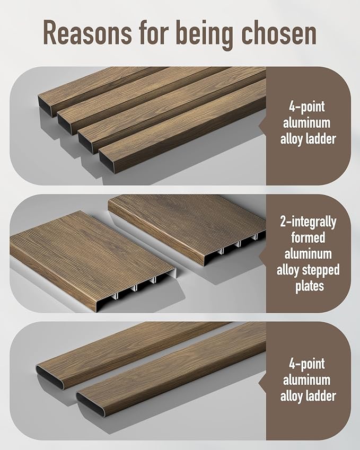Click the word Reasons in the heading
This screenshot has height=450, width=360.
[x=88, y=32]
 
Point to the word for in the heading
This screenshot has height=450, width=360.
[x=154, y=32]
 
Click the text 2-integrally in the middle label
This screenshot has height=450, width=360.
[x=308, y=222]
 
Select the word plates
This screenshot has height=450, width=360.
[x=310, y=286]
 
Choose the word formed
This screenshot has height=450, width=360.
[x=308, y=237]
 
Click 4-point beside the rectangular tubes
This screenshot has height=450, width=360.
[x=307, y=107]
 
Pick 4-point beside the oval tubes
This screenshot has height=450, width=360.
[x=307, y=364]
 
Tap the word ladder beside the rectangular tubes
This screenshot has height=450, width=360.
[x=321, y=139]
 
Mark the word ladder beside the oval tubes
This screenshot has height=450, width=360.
[x=321, y=396]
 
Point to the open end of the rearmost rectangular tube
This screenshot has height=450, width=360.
[x=45, y=107]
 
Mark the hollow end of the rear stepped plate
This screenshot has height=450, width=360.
[x=235, y=248]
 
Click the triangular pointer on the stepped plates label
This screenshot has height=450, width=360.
[x=262, y=254]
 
